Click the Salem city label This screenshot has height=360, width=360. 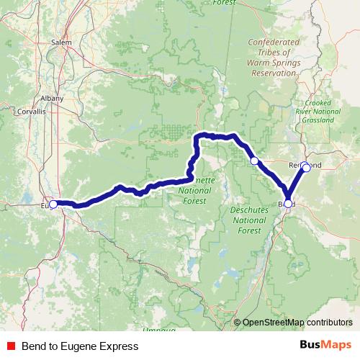pos(60,42)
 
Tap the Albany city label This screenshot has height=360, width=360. pos(53,99)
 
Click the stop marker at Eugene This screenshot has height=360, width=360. pos(53,204)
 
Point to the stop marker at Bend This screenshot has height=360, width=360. pos(289,204)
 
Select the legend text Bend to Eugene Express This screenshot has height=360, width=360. pos(80,346)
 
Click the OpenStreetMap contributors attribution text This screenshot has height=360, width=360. pos(297,323)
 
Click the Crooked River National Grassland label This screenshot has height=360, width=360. pos(318,111)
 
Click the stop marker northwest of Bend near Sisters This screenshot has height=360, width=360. pos(254,161)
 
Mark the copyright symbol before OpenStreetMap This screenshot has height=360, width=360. pos(238,323)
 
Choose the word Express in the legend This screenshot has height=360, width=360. pos(120,346)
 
